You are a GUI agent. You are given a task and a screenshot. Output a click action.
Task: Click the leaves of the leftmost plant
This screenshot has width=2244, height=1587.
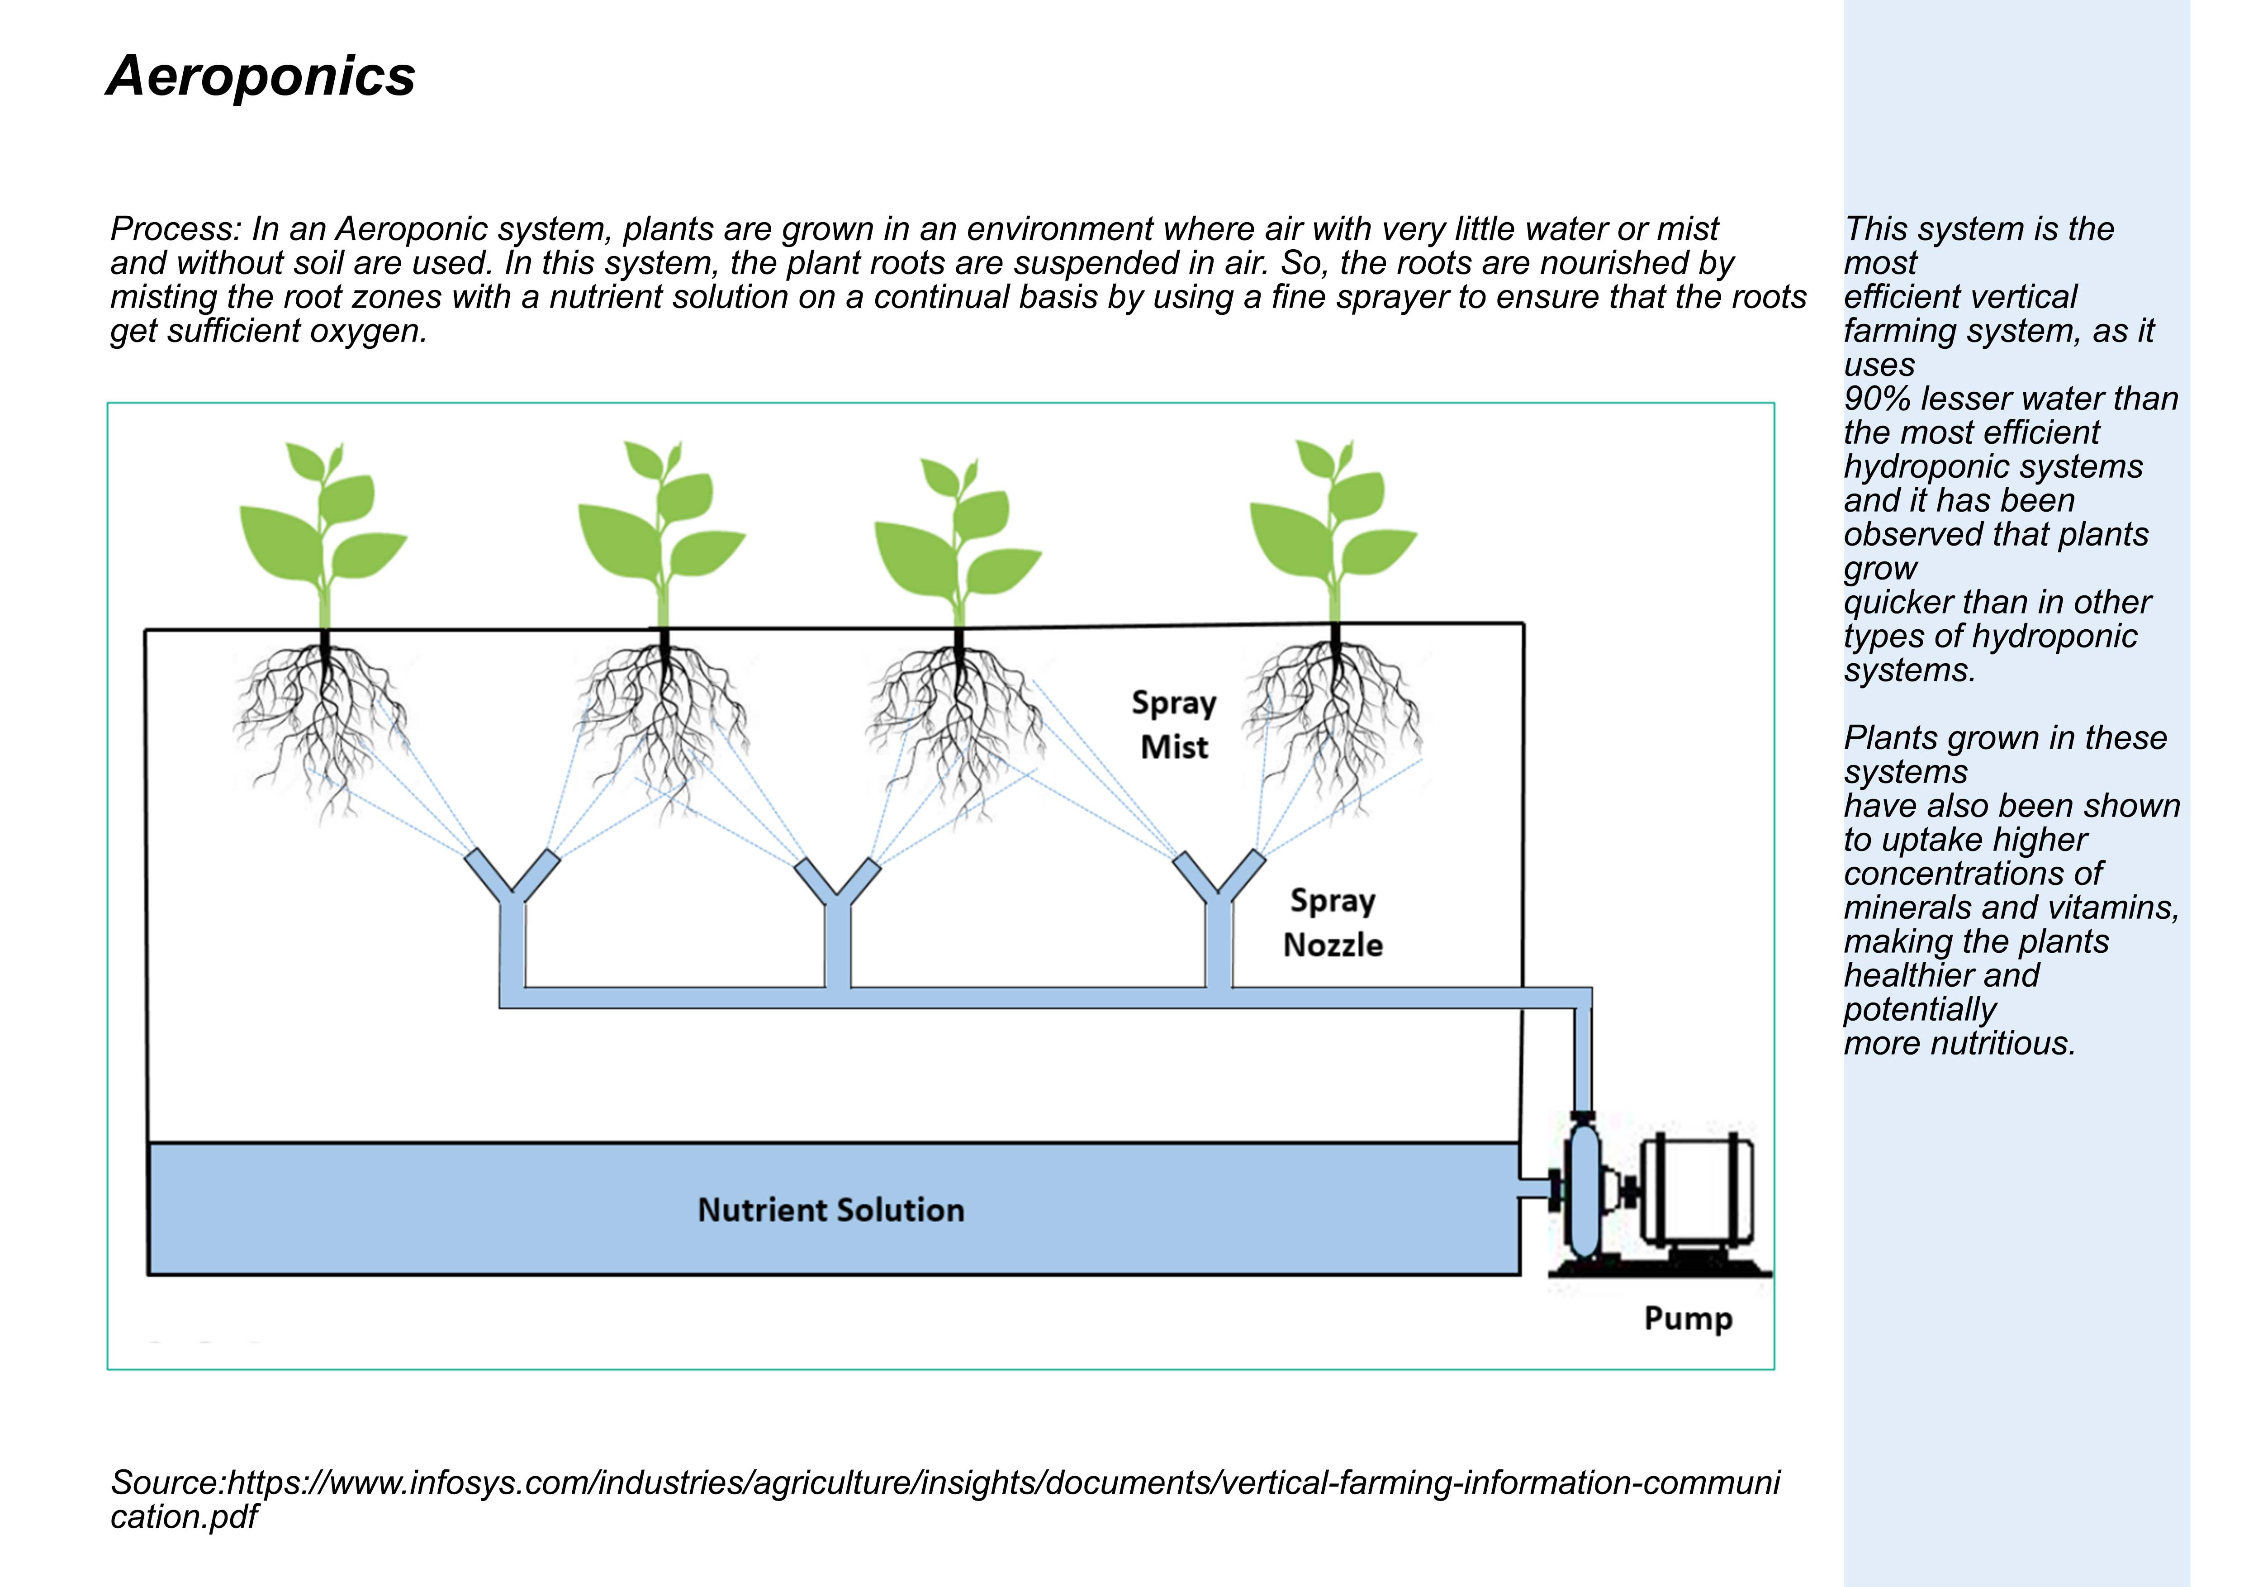(x=323, y=527)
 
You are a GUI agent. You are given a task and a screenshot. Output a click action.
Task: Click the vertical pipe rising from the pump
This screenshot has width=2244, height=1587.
(x=1582, y=1060)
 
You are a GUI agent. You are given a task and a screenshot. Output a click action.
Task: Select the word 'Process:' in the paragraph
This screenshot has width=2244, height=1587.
(x=176, y=228)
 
